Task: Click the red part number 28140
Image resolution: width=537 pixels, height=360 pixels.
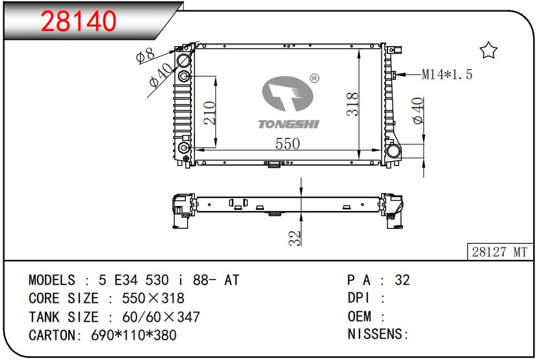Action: click(x=79, y=21)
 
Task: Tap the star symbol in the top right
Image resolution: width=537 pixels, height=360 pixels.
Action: click(x=488, y=50)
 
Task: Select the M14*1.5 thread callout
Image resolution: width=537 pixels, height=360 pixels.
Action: click(x=447, y=74)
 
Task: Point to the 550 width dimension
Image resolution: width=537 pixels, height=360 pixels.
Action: click(x=287, y=144)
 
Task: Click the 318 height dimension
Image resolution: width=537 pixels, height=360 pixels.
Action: click(x=352, y=104)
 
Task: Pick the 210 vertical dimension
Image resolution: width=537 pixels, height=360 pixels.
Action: click(x=209, y=113)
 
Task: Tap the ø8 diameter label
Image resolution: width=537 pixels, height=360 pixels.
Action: click(x=145, y=55)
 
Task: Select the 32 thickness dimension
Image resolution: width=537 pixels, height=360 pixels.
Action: click(x=295, y=238)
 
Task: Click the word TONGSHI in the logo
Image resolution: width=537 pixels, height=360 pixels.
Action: click(x=289, y=124)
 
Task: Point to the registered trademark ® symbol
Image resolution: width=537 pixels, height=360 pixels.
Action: click(x=315, y=79)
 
